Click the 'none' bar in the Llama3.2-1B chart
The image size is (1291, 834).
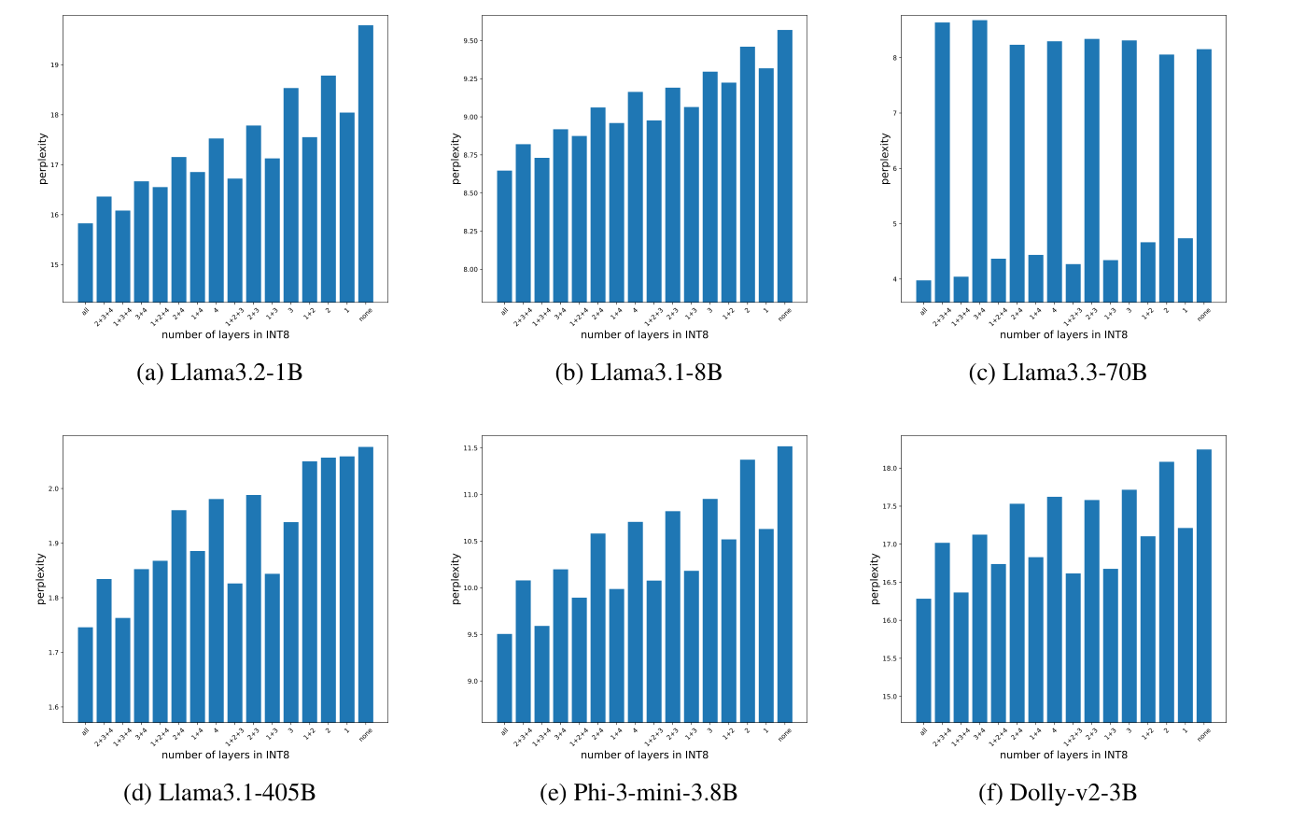(x=366, y=163)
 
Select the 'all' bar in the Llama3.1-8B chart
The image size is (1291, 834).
(x=504, y=235)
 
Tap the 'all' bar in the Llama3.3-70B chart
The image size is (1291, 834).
(x=923, y=290)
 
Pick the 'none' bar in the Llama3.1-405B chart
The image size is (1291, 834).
(x=366, y=584)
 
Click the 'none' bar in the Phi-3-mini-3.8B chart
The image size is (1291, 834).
(x=785, y=584)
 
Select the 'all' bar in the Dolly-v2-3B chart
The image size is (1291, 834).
(x=923, y=659)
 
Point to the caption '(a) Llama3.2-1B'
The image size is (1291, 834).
(x=219, y=373)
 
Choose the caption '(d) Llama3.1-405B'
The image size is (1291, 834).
(x=219, y=793)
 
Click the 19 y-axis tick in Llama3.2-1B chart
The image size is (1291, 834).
(x=54, y=65)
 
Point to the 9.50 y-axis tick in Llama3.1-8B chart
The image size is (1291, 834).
(x=470, y=41)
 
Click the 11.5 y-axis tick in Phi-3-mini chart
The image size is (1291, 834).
(x=470, y=448)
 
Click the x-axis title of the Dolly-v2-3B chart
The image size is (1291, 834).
(x=1063, y=755)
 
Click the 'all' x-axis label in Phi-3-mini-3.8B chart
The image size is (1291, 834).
(x=504, y=732)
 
